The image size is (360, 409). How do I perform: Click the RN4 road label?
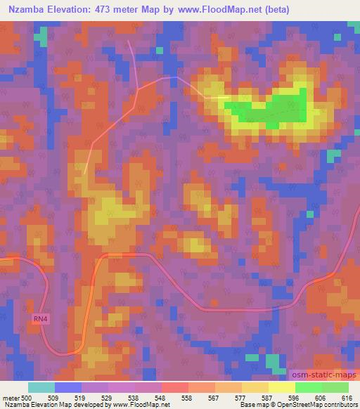point(41,319)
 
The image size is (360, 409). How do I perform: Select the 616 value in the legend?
point(346,397)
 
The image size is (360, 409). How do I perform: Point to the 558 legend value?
point(186,397)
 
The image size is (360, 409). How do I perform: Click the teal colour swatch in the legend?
point(41,387)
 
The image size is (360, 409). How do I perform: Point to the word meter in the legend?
point(11,397)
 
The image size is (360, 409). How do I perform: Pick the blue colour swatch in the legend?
point(68,387)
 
